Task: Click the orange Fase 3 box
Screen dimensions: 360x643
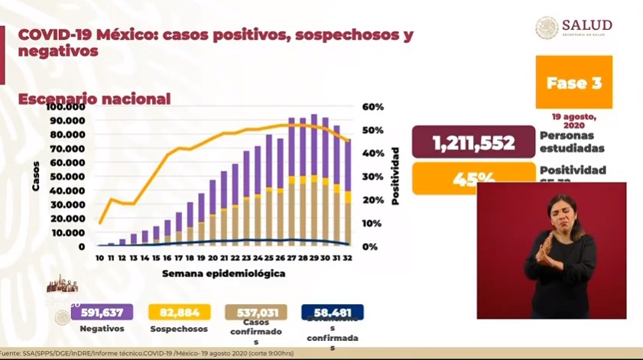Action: tap(573, 83)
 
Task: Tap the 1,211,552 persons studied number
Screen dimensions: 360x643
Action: tap(472, 142)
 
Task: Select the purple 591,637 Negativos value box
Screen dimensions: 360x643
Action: tap(102, 312)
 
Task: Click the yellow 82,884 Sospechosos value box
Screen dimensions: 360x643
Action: tap(180, 312)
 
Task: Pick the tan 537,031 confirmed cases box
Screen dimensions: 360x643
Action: tap(256, 312)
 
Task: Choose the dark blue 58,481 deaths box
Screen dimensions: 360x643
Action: tap(333, 312)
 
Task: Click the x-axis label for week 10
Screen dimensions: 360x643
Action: tap(99, 259)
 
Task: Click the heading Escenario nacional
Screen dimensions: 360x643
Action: tap(94, 99)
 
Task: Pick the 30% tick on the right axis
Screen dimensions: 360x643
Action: tap(374, 177)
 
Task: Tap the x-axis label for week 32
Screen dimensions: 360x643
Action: tap(348, 259)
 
